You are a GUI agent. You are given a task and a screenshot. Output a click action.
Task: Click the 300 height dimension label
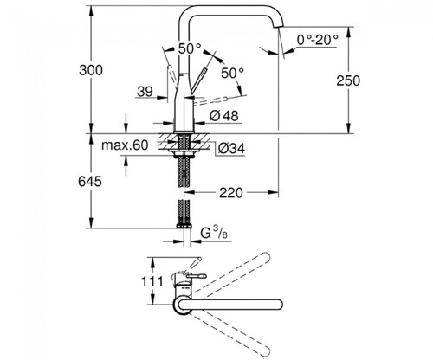pos(91,70)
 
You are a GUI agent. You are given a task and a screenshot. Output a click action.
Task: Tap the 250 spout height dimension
pos(348,80)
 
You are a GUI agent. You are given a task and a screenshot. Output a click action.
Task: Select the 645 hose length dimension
pos(90,182)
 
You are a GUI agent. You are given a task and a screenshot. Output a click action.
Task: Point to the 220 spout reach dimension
pos(231,193)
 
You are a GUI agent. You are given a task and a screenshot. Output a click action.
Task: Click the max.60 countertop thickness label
pos(125,145)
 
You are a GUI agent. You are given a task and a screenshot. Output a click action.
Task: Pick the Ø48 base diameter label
pos(224,116)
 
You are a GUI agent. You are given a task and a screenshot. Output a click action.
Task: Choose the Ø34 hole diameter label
pos(231,149)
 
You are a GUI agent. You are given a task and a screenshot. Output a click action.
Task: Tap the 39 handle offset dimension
pos(145,92)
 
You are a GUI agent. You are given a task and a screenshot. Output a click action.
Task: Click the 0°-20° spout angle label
pos(318,40)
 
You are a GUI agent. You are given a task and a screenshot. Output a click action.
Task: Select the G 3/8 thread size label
pos(214,233)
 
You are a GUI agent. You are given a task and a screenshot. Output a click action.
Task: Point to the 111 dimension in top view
pos(152,280)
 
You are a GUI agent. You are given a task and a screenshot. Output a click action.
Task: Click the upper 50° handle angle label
pos(190,48)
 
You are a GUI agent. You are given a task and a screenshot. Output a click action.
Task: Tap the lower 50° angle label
pos(233,73)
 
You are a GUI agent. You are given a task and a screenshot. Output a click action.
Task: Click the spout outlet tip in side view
pos(278,27)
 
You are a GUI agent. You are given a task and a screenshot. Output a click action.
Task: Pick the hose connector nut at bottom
pos(184,227)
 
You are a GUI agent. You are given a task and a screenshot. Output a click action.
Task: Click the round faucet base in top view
pos(182,305)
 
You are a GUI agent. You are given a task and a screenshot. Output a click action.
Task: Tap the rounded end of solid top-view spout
pos(279,305)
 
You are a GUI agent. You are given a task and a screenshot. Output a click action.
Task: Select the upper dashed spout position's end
pos(265,256)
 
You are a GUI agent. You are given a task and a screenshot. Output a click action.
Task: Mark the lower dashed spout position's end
pos(266,350)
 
